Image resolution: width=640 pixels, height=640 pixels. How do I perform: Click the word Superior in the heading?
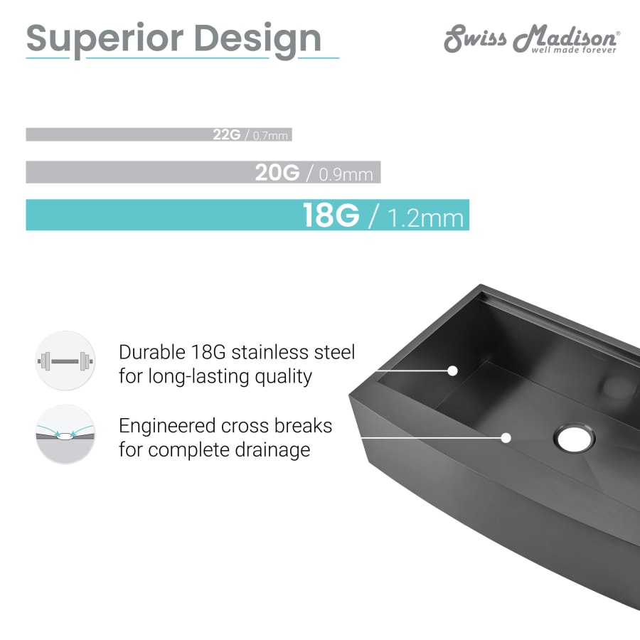click(105, 40)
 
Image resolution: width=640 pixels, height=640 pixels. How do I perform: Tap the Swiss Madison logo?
click(532, 39)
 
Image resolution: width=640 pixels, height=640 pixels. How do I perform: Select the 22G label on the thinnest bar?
click(227, 134)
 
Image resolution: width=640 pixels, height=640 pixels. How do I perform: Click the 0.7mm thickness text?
click(270, 136)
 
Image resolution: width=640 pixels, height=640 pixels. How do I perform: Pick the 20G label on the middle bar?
click(277, 172)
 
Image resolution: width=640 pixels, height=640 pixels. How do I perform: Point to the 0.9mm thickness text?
click(346, 175)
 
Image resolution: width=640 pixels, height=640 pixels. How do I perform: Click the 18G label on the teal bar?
click(331, 215)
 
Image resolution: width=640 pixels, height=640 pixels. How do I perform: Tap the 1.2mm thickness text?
click(425, 218)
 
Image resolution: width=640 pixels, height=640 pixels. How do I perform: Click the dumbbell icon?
click(65, 361)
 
